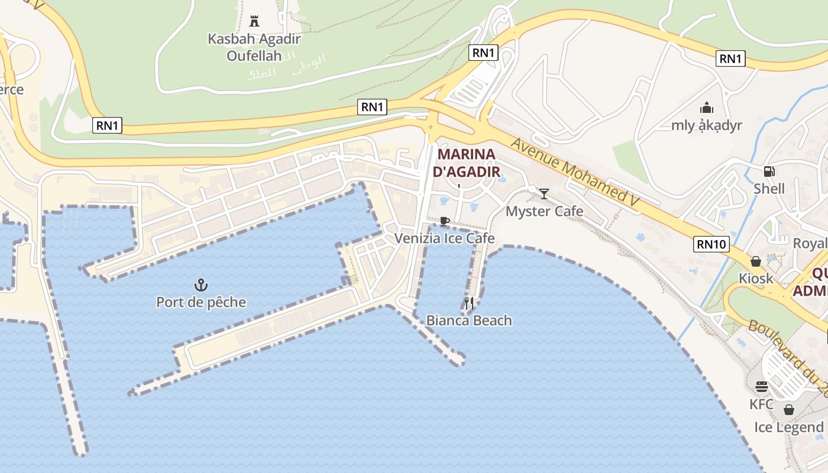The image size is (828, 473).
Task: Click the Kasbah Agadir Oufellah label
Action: (254, 47)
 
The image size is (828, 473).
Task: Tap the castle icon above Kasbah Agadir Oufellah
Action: (254, 21)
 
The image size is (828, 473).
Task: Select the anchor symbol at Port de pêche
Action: (201, 285)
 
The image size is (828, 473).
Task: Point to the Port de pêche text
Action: (201, 302)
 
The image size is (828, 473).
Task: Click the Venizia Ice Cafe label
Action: (445, 238)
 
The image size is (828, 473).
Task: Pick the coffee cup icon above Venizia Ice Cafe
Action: (444, 222)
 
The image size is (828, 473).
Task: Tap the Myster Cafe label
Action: (544, 211)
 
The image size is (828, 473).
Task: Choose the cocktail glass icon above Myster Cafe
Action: (544, 194)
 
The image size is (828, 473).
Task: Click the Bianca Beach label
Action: (469, 320)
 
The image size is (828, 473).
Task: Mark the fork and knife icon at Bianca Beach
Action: (469, 303)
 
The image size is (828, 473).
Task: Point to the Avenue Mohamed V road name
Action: (575, 172)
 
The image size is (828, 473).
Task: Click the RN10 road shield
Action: (711, 244)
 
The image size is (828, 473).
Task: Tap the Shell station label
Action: (769, 189)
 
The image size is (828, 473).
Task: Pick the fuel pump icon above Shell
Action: (769, 171)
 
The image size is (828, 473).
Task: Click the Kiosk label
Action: (756, 278)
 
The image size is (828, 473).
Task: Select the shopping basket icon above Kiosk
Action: (756, 261)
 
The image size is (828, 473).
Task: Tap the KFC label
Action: (761, 404)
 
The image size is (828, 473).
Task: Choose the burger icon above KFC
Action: (761, 387)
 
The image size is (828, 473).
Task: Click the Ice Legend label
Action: (788, 427)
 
